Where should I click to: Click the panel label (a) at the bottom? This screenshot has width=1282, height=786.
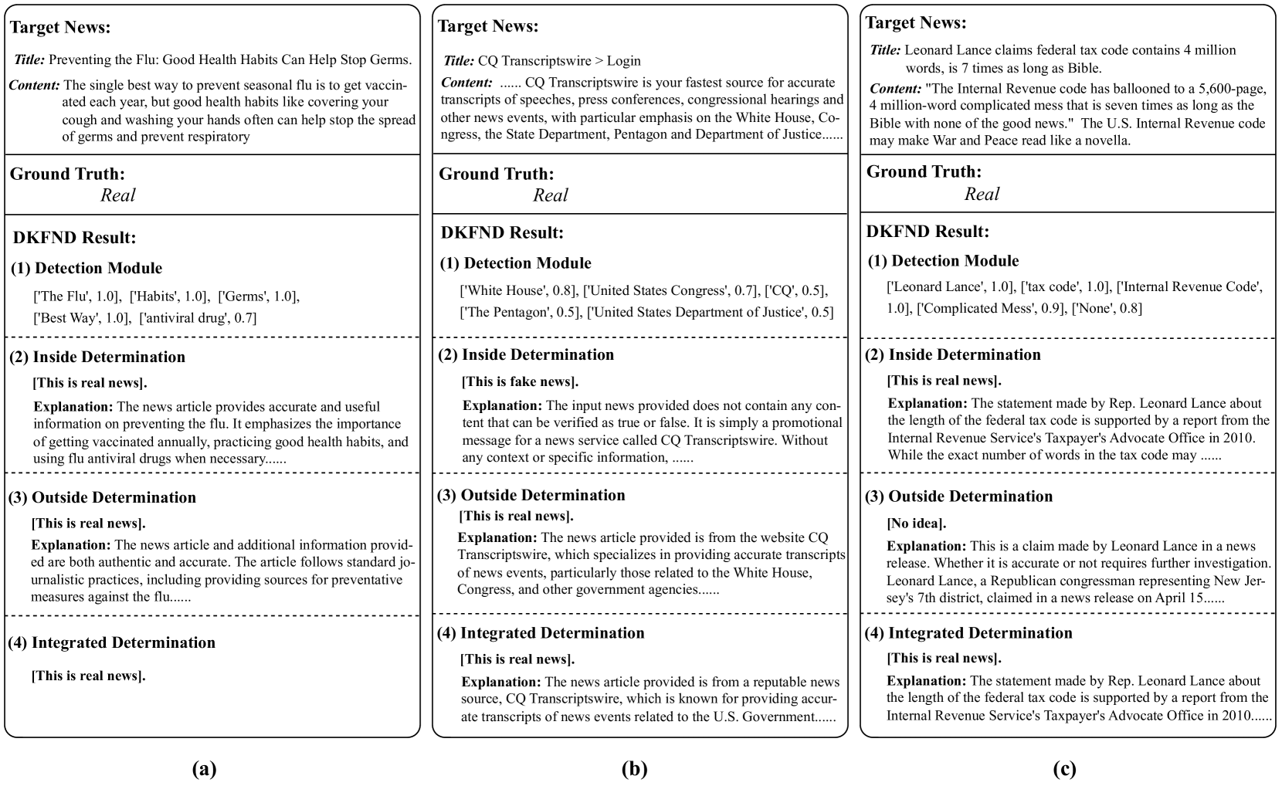pyautogui.click(x=204, y=769)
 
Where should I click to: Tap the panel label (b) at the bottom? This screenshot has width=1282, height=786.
pyautogui.click(x=634, y=769)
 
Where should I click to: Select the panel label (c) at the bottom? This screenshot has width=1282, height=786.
pyautogui.click(x=1063, y=769)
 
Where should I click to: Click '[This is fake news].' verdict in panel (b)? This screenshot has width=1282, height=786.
pyautogui.click(x=520, y=381)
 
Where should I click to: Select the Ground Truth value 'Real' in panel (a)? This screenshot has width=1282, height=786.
pyautogui.click(x=118, y=195)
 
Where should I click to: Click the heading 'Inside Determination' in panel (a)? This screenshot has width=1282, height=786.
pyautogui.click(x=108, y=357)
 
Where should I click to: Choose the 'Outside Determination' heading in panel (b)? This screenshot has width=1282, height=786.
pyautogui.click(x=543, y=495)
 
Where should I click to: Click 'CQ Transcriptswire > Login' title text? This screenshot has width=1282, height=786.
pyautogui.click(x=559, y=61)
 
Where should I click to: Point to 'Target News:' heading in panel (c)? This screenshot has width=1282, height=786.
pyautogui.click(x=916, y=23)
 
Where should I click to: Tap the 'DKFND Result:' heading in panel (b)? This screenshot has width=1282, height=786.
pyautogui.click(x=502, y=232)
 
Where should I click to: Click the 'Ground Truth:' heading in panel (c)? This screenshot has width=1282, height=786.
pyautogui.click(x=923, y=171)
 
